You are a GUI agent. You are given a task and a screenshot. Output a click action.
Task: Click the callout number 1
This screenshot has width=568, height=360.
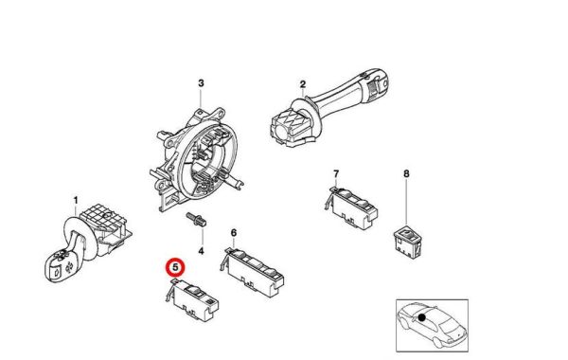point(76,201)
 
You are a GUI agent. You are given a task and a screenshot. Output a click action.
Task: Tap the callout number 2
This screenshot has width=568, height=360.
point(303,84)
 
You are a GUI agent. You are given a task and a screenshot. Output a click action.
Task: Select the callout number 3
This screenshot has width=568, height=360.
point(201,83)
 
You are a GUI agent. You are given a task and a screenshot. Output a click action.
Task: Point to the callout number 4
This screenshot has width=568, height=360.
point(201,250)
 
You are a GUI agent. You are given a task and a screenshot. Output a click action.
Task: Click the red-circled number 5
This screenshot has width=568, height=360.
point(175,267)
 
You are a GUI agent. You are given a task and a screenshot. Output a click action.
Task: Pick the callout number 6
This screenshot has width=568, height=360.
point(234,233)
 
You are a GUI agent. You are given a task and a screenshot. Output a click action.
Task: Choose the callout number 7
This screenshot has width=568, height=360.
point(336,174)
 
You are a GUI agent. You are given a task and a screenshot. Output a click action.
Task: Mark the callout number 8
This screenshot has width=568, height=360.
point(406,173)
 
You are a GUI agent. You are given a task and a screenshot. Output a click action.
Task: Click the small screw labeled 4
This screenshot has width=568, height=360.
point(196,220)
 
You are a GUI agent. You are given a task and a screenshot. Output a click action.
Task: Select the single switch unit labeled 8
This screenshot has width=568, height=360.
point(407,241)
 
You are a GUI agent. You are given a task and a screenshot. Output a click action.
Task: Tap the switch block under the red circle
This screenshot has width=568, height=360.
point(192,300)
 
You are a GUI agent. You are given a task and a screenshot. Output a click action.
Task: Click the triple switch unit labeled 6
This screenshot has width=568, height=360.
point(252,271)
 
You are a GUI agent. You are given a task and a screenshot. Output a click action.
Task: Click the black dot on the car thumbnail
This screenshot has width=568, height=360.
point(421,317)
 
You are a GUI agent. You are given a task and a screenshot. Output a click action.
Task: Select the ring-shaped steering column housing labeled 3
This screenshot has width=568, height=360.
point(196,159)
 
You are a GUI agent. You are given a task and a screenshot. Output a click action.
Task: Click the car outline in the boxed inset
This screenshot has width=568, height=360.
point(431,324)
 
